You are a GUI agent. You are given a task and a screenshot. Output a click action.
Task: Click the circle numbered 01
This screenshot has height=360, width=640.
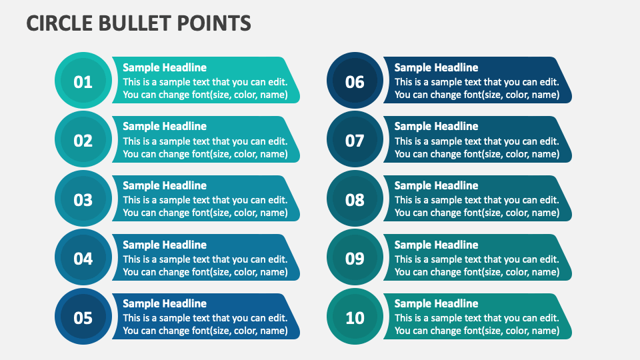[83, 81]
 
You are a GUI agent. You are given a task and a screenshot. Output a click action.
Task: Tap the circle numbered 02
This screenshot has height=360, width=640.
[83, 141]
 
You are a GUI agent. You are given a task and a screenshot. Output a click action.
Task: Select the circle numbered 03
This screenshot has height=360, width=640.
[83, 199]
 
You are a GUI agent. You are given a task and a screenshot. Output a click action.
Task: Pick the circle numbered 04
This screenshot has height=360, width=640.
[83, 259]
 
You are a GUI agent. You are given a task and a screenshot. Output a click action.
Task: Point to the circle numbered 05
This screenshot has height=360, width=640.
[83, 317]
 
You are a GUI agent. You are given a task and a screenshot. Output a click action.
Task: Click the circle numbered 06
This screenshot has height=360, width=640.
[355, 81]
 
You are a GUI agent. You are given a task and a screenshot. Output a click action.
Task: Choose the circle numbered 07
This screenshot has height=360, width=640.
[355, 141]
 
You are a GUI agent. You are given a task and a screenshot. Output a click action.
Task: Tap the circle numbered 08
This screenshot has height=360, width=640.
[355, 199]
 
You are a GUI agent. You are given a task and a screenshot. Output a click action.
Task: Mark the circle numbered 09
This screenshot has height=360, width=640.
[355, 259]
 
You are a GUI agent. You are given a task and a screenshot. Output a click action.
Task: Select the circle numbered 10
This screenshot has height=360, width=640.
[355, 317]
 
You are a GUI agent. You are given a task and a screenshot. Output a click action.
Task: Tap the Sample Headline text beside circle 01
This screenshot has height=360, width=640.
[165, 67]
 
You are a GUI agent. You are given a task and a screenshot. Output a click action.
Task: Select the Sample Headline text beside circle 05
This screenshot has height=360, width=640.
[165, 303]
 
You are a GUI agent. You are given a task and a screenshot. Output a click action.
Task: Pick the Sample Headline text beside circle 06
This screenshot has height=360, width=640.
[436, 67]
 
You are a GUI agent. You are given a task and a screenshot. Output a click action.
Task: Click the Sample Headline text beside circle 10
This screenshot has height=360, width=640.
[436, 303]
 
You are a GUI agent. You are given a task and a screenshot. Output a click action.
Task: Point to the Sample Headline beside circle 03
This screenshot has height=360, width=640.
[165, 185]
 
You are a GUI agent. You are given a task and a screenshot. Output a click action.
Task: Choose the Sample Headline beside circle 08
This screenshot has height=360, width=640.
[436, 185]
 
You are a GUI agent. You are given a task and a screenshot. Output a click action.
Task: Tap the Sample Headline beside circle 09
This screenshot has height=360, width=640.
[436, 245]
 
